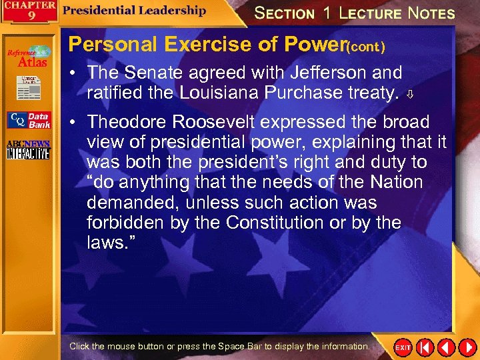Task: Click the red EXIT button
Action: (403, 347)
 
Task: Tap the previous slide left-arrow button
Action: (425, 347)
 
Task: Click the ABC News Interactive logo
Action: (28, 150)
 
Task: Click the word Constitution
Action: (276, 222)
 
